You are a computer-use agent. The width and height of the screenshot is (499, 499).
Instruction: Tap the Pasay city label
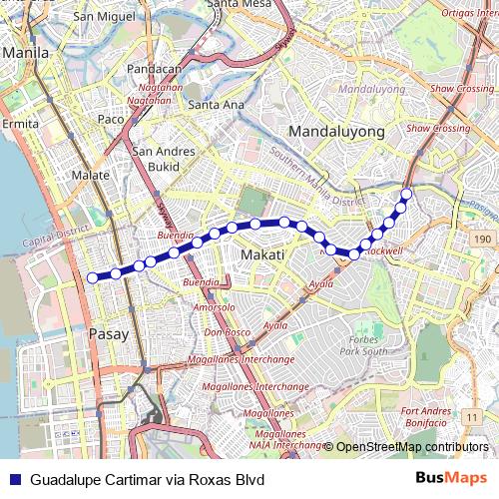coord(109,334)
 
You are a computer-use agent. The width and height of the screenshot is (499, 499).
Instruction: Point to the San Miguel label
coord(97,17)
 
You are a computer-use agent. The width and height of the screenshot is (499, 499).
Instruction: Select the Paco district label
coord(110,120)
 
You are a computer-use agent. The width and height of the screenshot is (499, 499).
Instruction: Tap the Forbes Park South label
coord(362,345)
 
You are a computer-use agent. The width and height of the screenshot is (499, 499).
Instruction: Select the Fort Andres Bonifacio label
coord(432,416)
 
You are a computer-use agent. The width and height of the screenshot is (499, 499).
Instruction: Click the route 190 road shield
coord(482,241)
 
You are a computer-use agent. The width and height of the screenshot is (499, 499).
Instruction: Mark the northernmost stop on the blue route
coord(407,194)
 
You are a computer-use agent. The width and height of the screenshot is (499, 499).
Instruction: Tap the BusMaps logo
coord(451,479)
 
